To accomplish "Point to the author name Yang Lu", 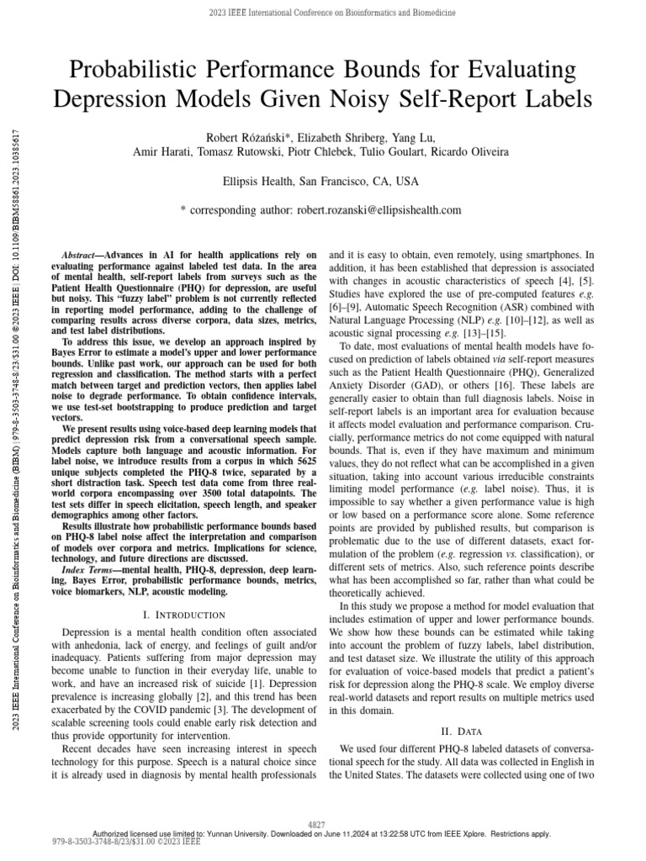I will point(418,136).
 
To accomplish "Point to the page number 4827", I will point(323,825).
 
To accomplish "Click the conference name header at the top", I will point(323,11).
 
